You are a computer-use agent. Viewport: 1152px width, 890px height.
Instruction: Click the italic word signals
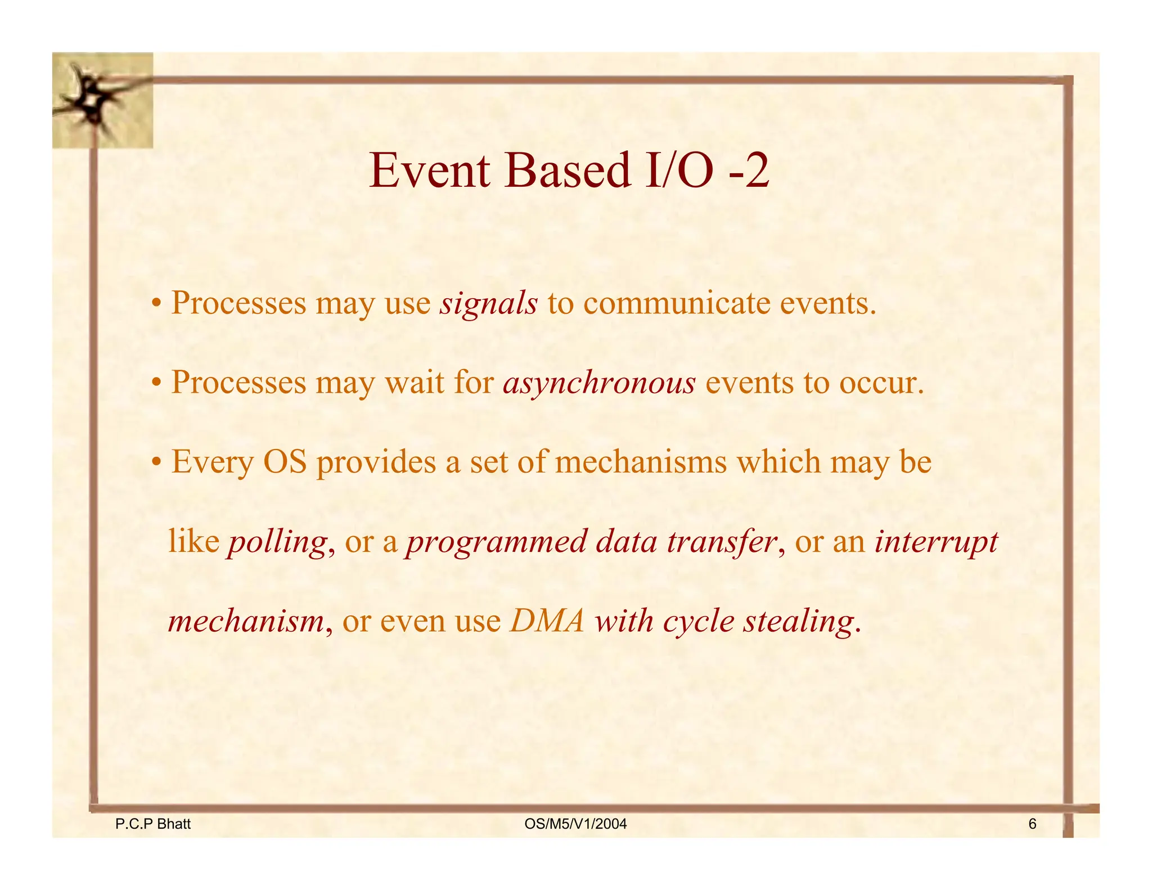[x=488, y=304]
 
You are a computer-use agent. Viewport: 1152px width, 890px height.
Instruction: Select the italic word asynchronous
[x=599, y=384]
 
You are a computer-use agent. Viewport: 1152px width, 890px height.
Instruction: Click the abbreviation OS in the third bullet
[x=285, y=462]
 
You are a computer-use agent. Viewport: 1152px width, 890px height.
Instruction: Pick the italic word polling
[x=277, y=542]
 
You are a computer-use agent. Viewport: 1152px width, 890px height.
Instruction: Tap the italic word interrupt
[x=936, y=542]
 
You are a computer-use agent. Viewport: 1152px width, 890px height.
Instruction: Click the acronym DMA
[x=547, y=622]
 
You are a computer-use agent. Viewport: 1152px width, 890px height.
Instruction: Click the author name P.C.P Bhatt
[x=152, y=824]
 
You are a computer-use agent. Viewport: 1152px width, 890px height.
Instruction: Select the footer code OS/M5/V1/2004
[x=575, y=824]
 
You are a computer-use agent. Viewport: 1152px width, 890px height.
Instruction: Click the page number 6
[x=1032, y=824]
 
